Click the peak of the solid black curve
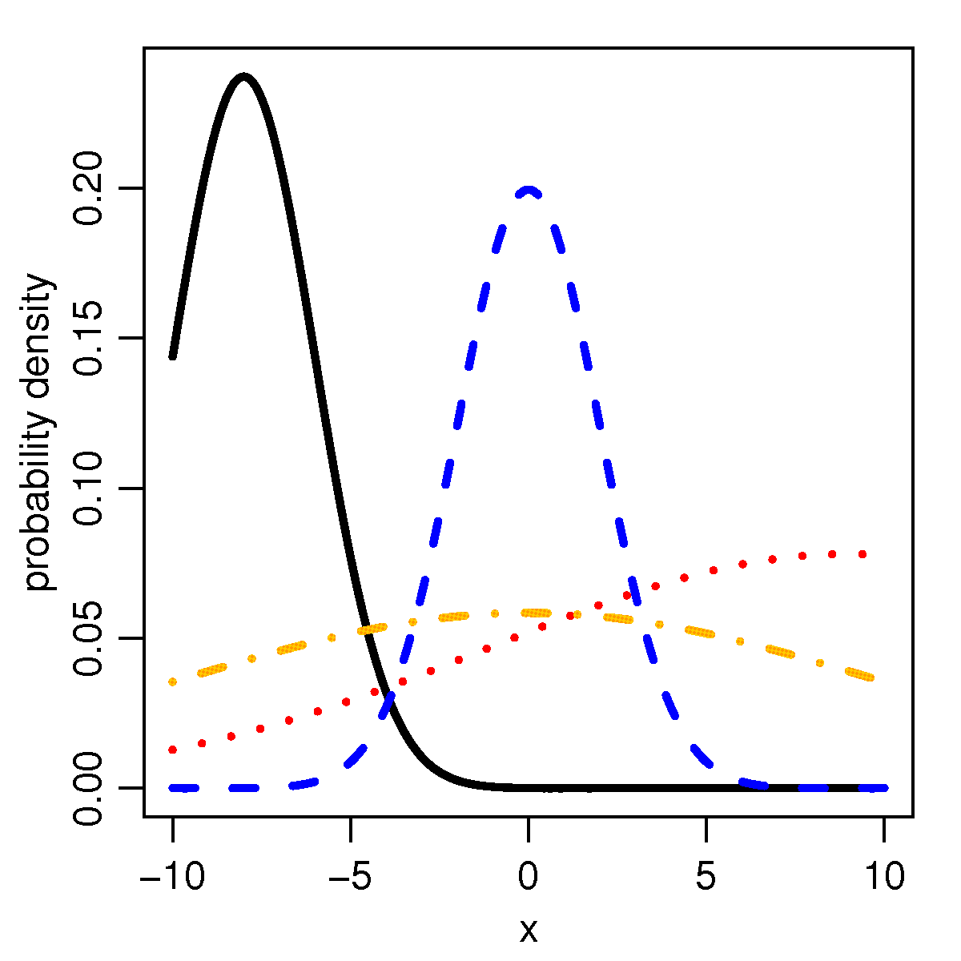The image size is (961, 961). click(243, 78)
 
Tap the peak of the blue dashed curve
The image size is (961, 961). click(529, 190)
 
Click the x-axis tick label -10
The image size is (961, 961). click(172, 878)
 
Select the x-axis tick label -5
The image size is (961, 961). click(350, 878)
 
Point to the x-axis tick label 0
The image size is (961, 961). click(529, 878)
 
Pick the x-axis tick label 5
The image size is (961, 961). click(706, 878)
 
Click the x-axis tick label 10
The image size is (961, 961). click(884, 878)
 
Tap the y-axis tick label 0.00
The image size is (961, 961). click(90, 788)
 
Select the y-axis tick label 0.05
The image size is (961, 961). click(90, 638)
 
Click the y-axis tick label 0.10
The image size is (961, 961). click(90, 489)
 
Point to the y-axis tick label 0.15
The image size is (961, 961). click(90, 338)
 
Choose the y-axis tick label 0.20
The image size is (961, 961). click(90, 188)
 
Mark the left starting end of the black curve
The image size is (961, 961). click(172, 356)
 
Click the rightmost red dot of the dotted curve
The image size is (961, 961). click(862, 554)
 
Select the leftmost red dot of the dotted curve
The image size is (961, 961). click(172, 750)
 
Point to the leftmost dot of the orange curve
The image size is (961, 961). click(172, 682)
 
